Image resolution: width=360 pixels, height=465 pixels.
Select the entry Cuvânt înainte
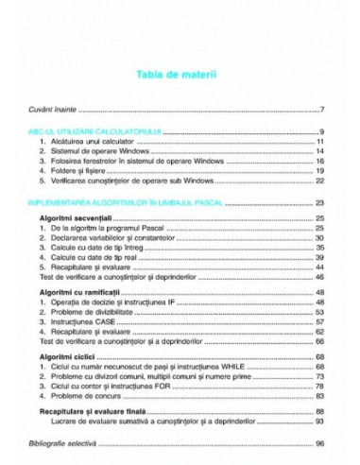pos(56,111)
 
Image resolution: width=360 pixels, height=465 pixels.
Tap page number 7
pos(323,111)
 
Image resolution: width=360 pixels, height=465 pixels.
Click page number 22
pos(320,180)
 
